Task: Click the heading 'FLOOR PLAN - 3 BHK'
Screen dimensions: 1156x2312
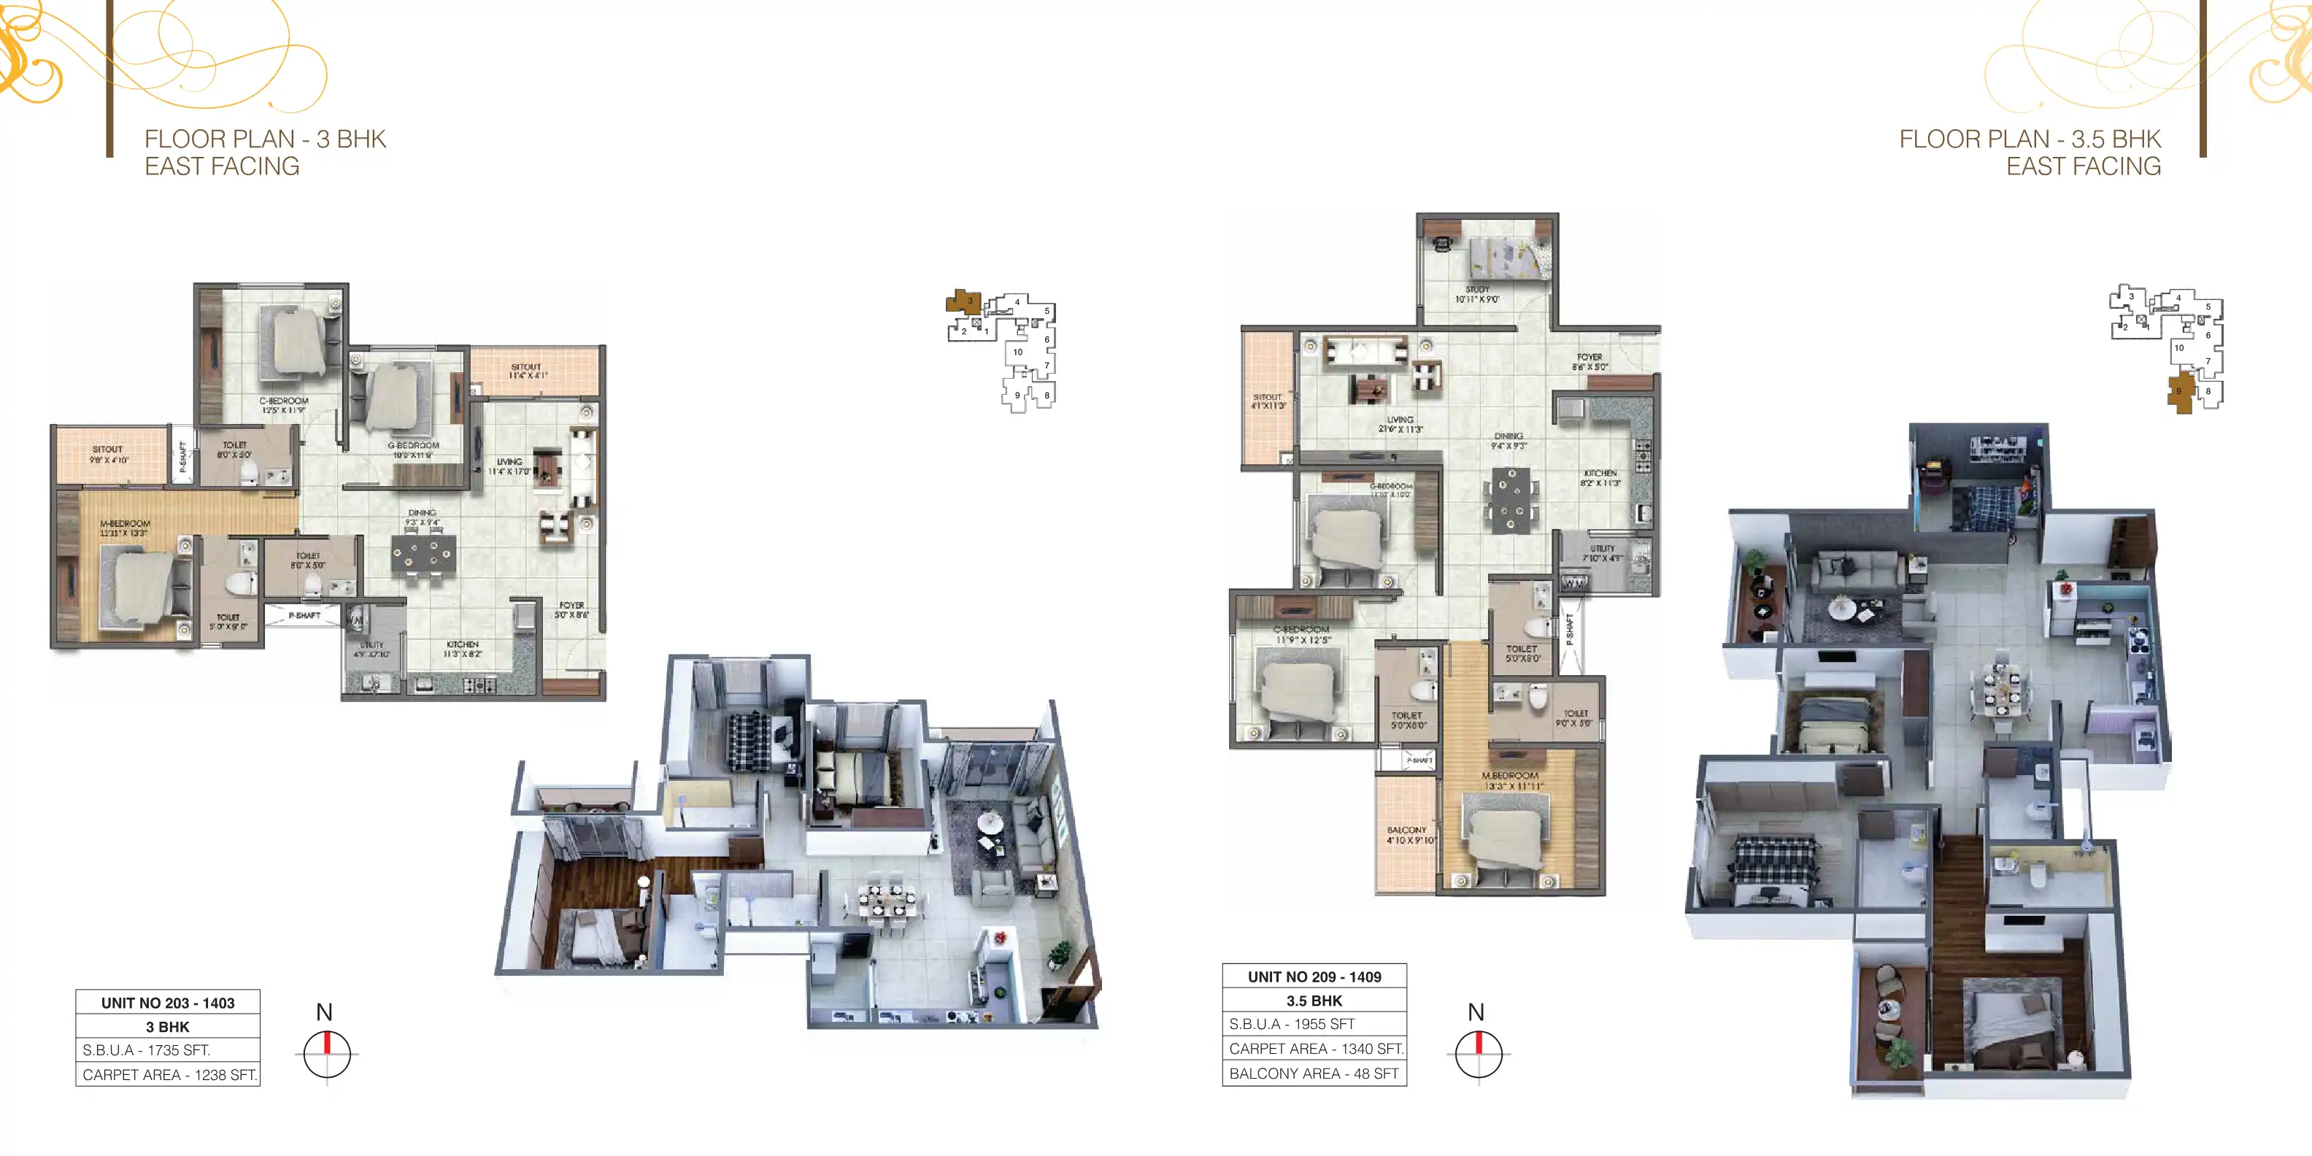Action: pos(266,139)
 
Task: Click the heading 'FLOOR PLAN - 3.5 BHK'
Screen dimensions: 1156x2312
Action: pos(2030,139)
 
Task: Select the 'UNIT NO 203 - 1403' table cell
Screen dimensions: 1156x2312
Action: pos(168,1003)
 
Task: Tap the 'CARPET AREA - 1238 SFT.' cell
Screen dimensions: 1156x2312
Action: pos(169,1074)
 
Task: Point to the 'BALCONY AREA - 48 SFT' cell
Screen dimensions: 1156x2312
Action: pos(1314,1074)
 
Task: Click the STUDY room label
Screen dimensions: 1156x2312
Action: pos(1477,294)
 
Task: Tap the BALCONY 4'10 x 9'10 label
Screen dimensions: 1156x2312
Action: pos(1406,836)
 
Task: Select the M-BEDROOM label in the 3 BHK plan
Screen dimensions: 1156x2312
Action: pos(125,528)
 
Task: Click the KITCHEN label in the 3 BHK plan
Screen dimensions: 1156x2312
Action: pos(462,649)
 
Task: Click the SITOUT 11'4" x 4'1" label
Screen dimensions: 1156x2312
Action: pos(527,371)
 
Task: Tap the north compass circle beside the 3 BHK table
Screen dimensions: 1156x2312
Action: pos(327,1054)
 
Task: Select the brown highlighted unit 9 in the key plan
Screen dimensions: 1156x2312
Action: pos(2179,391)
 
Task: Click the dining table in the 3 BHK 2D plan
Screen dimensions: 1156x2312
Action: pos(422,554)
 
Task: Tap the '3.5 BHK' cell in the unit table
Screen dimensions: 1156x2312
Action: pos(1314,1001)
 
